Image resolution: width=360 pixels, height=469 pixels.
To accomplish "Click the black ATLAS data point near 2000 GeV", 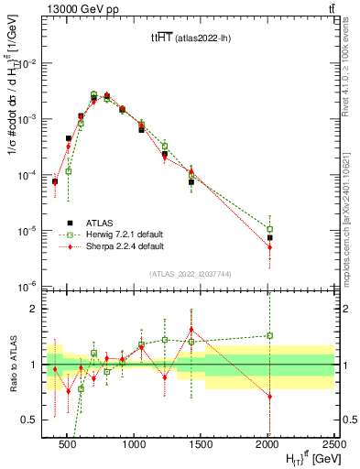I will pos(269,237).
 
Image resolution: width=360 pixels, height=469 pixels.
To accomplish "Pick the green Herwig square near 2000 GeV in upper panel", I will pos(269,229).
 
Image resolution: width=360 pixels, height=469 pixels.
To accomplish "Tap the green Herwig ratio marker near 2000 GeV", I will pos(269,335).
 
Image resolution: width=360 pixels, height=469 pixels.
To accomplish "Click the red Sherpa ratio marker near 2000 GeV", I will pos(269,397).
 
